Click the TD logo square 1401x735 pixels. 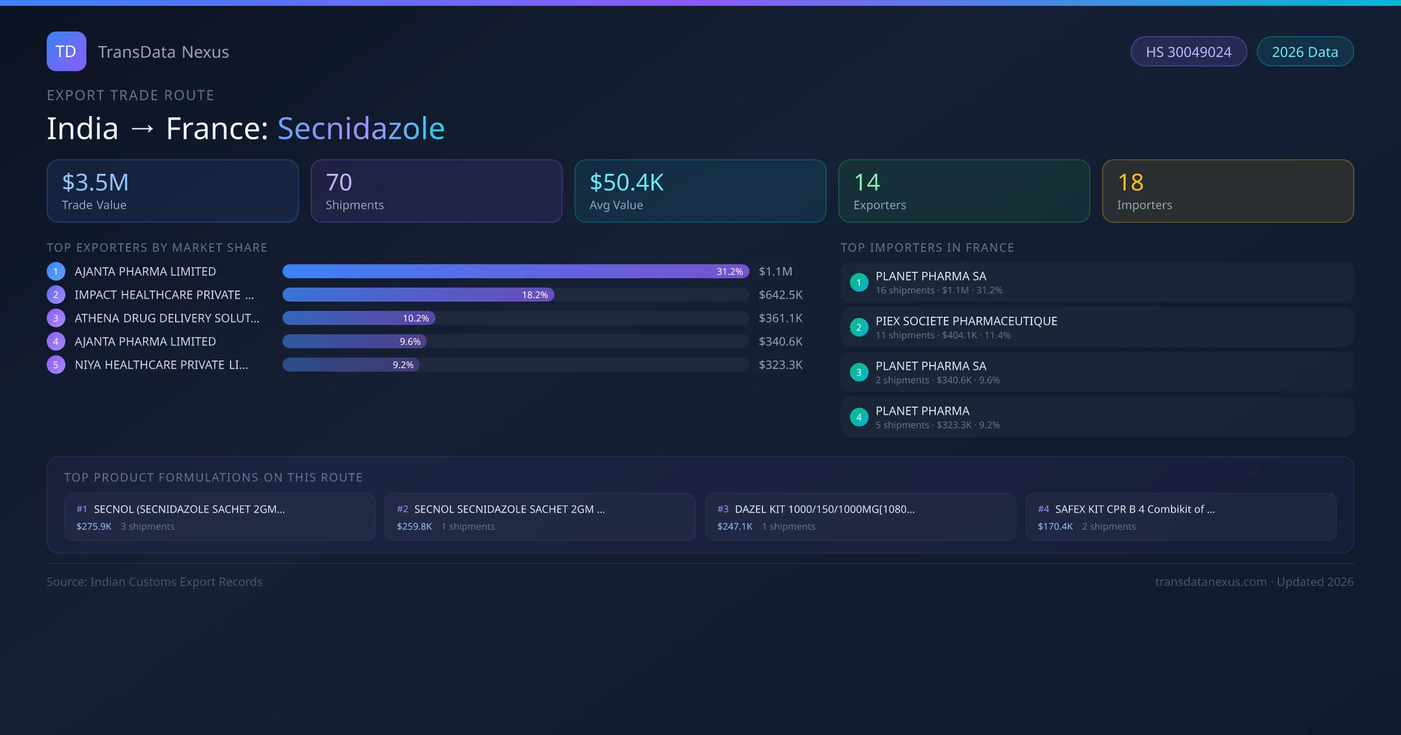(66, 51)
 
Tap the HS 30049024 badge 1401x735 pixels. (1189, 52)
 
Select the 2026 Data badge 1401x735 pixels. (1305, 52)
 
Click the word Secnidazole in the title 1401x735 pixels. (361, 128)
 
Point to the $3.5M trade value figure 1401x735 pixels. (95, 183)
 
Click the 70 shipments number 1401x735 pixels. (339, 183)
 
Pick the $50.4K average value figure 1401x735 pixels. (626, 183)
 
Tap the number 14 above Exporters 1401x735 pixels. (866, 183)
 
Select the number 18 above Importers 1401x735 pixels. (1130, 183)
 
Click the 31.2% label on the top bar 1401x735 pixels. (730, 272)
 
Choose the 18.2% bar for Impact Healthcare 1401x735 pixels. (418, 295)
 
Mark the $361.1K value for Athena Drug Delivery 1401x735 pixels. (780, 318)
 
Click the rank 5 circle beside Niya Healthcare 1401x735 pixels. (56, 365)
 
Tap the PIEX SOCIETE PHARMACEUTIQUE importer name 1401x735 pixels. (966, 321)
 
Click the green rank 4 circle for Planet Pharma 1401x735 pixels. (859, 418)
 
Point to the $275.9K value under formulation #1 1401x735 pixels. (94, 527)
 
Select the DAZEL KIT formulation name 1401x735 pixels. (824, 509)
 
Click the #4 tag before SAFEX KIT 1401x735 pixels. (1043, 509)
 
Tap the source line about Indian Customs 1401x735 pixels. (155, 582)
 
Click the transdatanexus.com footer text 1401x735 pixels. (1211, 582)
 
